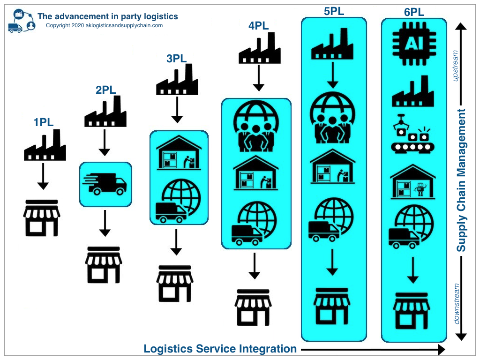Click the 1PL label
pyautogui.click(x=44, y=123)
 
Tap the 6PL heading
pyautogui.click(x=414, y=12)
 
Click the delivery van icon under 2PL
pyautogui.click(x=105, y=183)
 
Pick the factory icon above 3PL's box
pyautogui.click(x=176, y=80)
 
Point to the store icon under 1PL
pyautogui.click(x=42, y=217)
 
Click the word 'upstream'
pyautogui.click(x=454, y=66)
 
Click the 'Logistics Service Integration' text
pyautogui.click(x=220, y=349)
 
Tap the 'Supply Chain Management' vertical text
pyautogui.click(x=461, y=180)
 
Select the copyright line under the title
pyautogui.click(x=104, y=26)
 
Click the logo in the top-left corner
pyautogui.click(x=22, y=21)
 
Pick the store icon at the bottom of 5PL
pyautogui.click(x=332, y=307)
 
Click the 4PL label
pyautogui.click(x=259, y=26)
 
